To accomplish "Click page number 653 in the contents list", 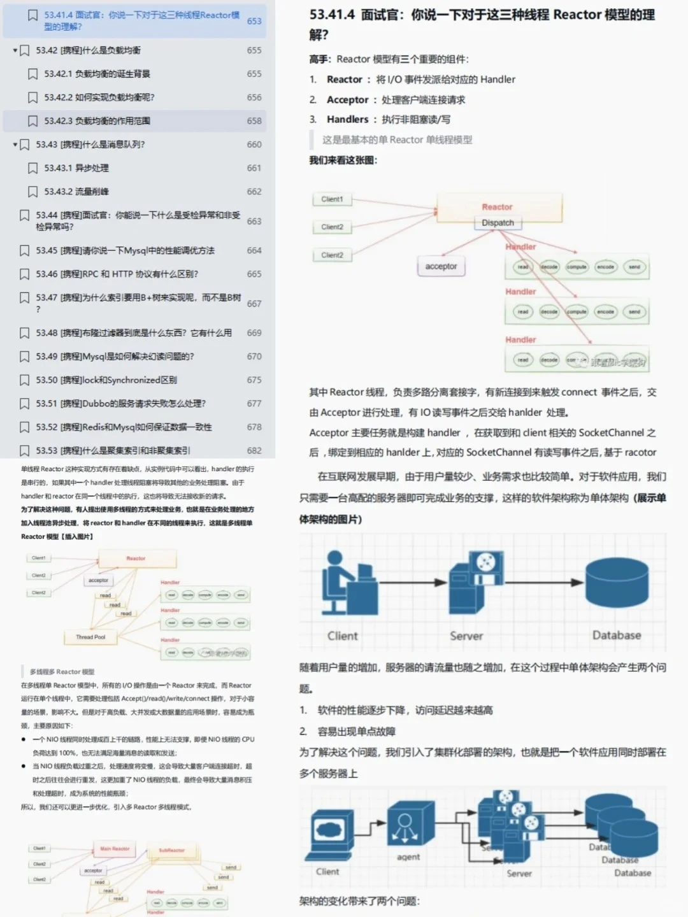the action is point(254,21).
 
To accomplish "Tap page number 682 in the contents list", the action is point(254,450).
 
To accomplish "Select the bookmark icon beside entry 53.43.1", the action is point(32,168).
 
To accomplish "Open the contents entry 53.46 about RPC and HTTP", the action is point(117,274).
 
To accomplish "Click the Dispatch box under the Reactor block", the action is point(498,223).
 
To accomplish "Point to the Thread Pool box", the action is point(90,637).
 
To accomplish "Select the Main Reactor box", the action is point(115,849).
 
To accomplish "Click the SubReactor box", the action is point(172,850).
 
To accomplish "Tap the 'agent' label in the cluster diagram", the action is point(408,857).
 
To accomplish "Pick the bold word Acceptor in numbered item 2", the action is point(347,100).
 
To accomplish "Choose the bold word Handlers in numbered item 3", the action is point(347,120).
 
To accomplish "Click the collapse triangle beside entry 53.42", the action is point(15,50).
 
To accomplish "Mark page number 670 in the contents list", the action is point(254,357).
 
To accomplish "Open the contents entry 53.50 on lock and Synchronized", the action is point(106,380).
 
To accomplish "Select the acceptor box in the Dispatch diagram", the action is point(441,266).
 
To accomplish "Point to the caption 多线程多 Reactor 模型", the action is point(62,672).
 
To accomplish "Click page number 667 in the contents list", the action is point(254,304).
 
